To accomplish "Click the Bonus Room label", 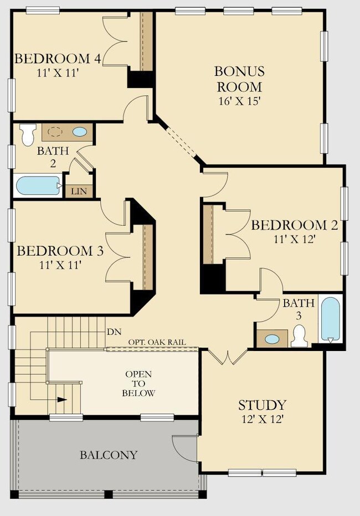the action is [239, 79].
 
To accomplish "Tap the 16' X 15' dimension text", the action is [240, 101].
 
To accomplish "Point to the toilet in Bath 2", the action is [28, 135].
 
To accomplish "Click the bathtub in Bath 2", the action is [38, 185].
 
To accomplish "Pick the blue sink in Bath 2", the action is [80, 132].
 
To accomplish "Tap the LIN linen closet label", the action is [79, 191].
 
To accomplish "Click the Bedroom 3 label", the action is [60, 251].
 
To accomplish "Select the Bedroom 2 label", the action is [295, 225].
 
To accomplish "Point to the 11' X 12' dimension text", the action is [295, 239].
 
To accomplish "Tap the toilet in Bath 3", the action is [300, 336].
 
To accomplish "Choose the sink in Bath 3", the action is [272, 339].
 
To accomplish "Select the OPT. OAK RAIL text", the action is [157, 342].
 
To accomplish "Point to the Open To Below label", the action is [138, 383].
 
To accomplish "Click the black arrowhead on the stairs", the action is [62, 399].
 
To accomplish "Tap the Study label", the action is [263, 405].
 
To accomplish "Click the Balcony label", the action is [109, 455].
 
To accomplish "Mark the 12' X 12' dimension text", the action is [263, 419].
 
